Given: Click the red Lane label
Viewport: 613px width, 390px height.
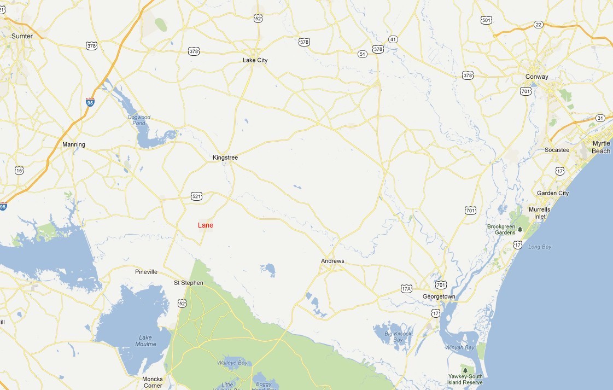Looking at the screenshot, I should pos(206,225).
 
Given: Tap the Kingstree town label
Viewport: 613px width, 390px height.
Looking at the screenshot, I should pos(225,158).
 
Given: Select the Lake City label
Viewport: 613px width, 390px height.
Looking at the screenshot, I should pos(255,60).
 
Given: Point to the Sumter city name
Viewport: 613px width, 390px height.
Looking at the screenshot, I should pos(22,36).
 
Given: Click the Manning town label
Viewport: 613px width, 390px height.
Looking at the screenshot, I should pos(74,144).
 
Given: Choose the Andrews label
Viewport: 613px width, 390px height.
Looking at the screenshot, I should pos(332,261).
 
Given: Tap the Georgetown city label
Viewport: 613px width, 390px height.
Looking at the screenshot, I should pos(439,296).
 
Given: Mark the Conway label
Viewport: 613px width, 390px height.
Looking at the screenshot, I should pos(536,77).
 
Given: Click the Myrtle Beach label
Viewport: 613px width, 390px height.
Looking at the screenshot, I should pos(601,147).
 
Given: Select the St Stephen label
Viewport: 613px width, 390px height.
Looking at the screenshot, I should pos(188,283).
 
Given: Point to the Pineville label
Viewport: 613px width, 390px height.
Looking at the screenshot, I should pos(146,271).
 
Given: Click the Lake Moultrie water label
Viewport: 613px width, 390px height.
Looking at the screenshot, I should pos(146,341).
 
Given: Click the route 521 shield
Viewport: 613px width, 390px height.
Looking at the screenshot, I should pos(196,195).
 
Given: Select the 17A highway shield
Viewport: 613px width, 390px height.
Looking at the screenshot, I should pos(406,288).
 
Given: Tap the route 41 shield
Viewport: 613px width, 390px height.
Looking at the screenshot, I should pos(393,39).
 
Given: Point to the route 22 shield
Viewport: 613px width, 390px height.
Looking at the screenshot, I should pos(539,25).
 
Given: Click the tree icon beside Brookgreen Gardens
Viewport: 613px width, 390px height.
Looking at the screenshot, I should pos(520,229).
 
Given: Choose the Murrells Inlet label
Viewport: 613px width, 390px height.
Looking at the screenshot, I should pos(539,213).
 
